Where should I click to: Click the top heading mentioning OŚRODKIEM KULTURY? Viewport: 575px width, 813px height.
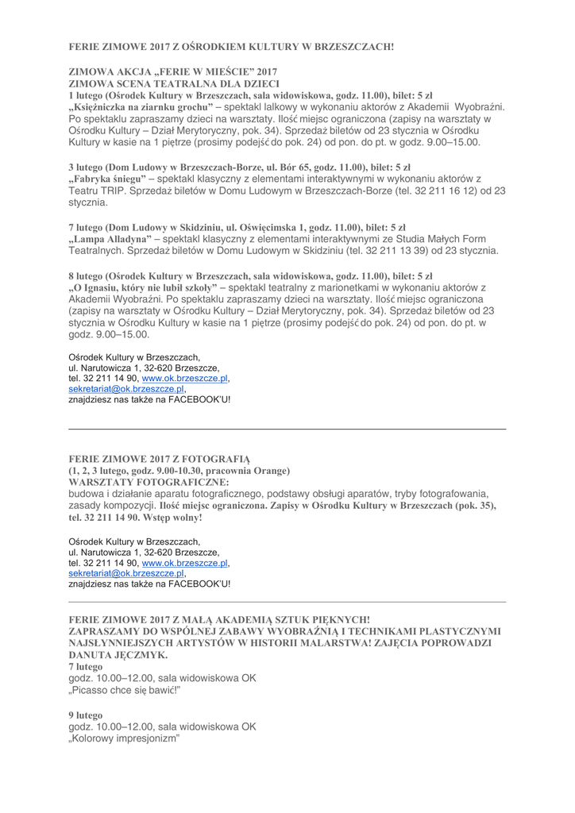pyautogui.click(x=231, y=47)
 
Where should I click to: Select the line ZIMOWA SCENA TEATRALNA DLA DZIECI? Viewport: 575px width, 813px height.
pyautogui.click(x=174, y=83)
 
